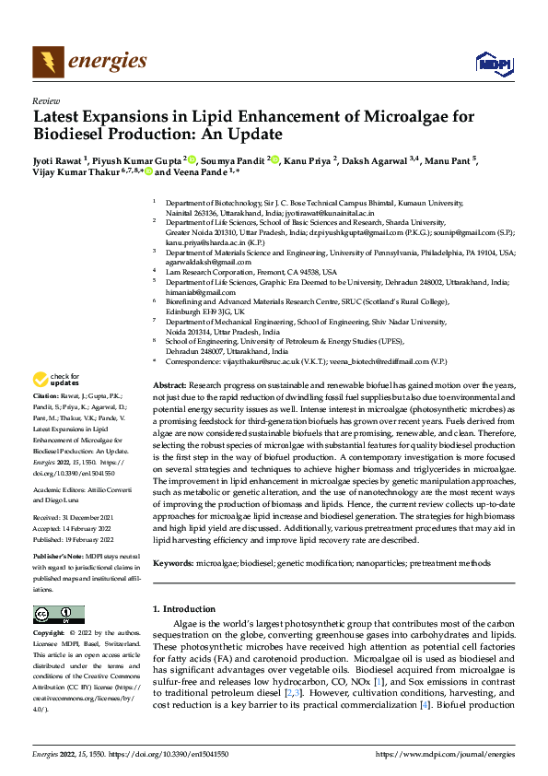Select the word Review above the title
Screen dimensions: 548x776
[45, 100]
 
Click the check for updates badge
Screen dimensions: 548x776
[56, 405]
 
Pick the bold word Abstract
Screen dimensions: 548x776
[169, 409]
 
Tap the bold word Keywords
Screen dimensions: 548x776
[173, 562]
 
